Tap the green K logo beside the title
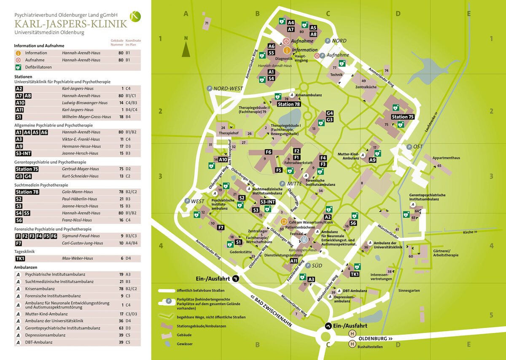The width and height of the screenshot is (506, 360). [x=135, y=16]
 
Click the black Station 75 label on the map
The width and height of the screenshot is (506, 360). [x=402, y=117]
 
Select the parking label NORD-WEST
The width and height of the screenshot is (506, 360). [x=228, y=89]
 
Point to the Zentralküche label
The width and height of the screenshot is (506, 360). [x=366, y=87]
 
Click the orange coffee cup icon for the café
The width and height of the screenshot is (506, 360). [x=284, y=221]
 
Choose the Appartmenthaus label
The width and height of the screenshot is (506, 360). [x=446, y=158]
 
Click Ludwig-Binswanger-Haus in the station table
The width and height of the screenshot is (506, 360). [x=85, y=102]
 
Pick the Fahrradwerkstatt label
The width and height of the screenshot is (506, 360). [x=298, y=162]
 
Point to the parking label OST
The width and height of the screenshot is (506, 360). [x=417, y=146]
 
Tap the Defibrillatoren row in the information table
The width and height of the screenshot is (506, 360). [x=38, y=67]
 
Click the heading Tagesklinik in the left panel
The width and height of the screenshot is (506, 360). [x=24, y=251]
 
